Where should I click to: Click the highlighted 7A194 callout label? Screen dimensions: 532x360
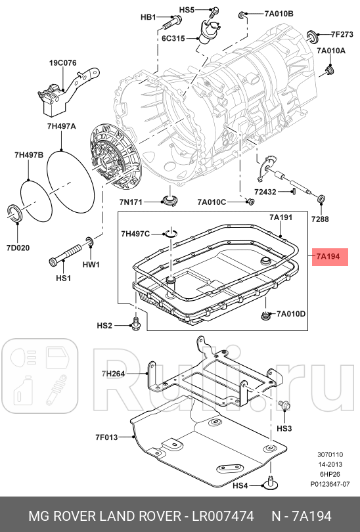click(x=328, y=256)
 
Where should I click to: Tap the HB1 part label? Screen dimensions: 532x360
click(x=148, y=18)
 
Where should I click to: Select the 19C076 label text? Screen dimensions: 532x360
click(x=62, y=64)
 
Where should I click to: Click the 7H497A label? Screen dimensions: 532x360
click(x=61, y=125)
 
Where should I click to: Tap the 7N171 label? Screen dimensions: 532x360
click(x=131, y=201)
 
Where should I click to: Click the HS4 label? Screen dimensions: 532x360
click(x=241, y=486)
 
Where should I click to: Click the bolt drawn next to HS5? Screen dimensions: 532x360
click(x=214, y=12)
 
